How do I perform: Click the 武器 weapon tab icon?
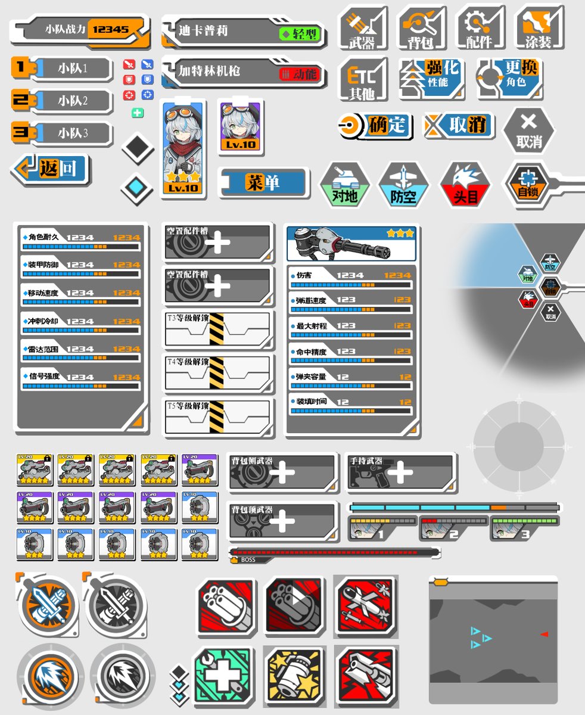363,29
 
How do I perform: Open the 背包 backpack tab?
422,29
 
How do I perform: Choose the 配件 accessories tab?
480,29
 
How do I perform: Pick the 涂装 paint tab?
539,29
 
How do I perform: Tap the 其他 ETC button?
363,80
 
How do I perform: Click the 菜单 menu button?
265,182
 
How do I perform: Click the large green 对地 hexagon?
345,185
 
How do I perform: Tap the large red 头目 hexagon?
466,185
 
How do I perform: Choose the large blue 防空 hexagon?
404,185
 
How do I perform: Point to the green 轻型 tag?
300,34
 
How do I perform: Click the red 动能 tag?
300,74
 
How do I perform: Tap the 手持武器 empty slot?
400,473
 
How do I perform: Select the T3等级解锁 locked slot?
217,329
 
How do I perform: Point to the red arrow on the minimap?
544,634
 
